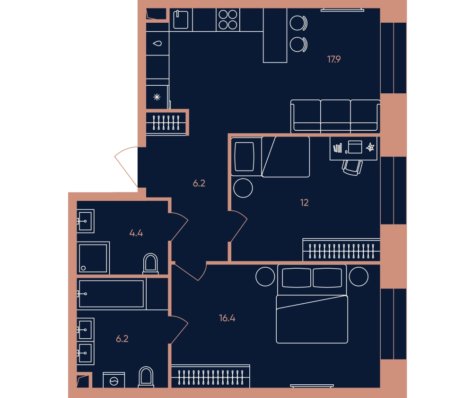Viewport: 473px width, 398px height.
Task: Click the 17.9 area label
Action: pos(333,59)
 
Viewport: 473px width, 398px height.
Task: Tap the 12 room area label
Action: pos(304,202)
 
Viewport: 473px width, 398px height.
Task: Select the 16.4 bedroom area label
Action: pos(227,318)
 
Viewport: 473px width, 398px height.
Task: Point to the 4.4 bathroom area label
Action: pos(136,233)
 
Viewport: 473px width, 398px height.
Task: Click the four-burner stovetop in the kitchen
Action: pos(228,19)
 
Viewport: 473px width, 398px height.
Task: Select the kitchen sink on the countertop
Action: pos(181,19)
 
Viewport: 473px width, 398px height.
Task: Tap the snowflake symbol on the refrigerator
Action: pos(157,97)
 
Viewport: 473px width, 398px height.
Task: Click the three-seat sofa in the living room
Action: pos(335,117)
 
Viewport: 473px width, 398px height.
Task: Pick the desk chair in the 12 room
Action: pos(352,168)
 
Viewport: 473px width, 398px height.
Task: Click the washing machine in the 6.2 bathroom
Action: pos(114,380)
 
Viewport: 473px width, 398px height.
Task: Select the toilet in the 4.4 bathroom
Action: pos(150,263)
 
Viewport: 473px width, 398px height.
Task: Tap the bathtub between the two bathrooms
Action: pos(111,294)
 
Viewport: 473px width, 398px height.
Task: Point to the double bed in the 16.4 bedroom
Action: pos(312,304)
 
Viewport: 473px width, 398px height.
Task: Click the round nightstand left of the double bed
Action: pos(265,277)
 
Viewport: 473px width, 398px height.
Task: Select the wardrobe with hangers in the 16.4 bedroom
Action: pos(210,376)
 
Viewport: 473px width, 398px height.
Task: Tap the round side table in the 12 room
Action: pos(243,188)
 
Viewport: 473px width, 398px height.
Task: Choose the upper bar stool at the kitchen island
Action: pos(298,23)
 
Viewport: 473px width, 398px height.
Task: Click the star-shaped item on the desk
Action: pos(370,147)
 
